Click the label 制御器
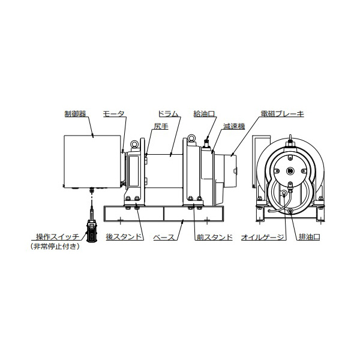pos(75,114)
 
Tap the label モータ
pos(113,114)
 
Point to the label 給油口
pos(204,114)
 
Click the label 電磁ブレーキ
pos(282,114)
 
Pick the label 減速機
pos(234,126)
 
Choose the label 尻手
pos(161,126)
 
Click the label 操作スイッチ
pos(58,237)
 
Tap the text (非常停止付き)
pos(55,247)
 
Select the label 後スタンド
pos(124,237)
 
